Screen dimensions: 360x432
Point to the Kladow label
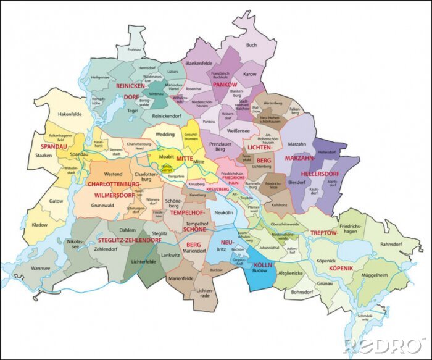click(x=39, y=225)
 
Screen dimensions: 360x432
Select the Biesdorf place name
click(x=297, y=183)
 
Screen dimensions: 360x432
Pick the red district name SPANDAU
click(x=52, y=146)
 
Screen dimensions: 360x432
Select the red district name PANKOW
click(x=225, y=84)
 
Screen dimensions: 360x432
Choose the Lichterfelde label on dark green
click(x=144, y=261)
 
